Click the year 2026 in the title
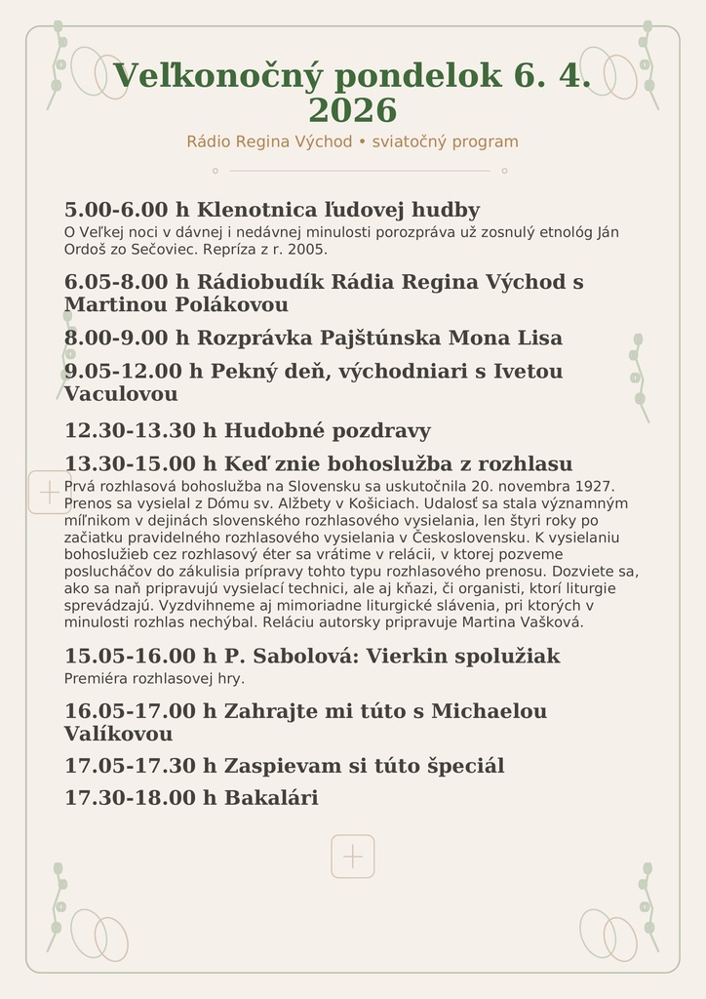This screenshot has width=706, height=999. click(352, 110)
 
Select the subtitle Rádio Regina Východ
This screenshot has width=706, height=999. click(269, 141)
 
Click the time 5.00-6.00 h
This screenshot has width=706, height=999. click(127, 210)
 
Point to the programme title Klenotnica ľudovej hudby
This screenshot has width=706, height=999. click(338, 210)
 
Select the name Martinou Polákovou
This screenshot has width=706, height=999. click(176, 304)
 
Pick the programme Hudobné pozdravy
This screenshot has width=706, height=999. click(328, 430)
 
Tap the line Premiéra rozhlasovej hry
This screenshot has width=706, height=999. click(154, 678)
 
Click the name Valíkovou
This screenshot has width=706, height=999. click(118, 734)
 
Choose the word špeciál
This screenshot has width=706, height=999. click(466, 766)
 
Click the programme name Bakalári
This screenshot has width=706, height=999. click(271, 798)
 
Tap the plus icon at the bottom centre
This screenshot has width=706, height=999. click(353, 857)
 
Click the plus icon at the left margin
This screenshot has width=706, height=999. click(49, 493)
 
